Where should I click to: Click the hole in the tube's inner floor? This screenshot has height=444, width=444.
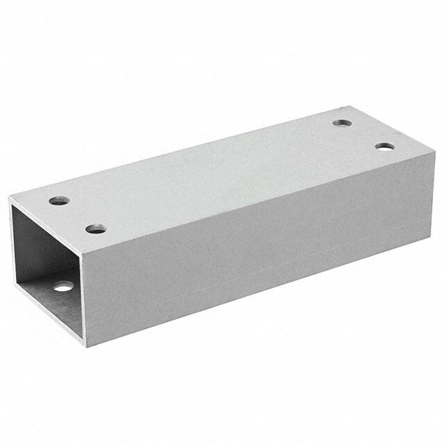(63, 286)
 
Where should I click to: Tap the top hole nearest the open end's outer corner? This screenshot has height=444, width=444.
(59, 201)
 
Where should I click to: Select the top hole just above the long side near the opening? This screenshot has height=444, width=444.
(96, 228)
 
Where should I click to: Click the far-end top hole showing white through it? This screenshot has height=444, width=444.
(385, 146)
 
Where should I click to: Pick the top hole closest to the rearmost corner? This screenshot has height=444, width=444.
(341, 123)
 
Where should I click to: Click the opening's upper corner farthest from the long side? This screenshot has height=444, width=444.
(9, 200)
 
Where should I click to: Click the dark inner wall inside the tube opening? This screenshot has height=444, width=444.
(35, 243)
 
